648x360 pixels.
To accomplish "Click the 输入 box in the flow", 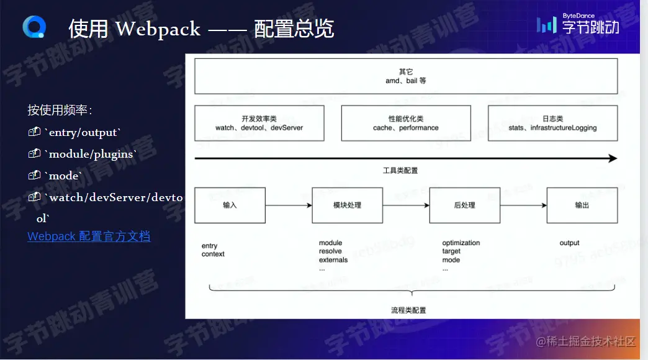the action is coord(230,205).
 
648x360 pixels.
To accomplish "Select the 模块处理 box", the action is coord(347,205).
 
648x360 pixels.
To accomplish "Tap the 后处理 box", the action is coord(464,205).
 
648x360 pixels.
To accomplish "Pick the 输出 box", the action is coord(582,205).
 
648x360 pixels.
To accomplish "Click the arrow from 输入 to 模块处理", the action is coord(289,205).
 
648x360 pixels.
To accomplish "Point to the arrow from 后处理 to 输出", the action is coord(523,205).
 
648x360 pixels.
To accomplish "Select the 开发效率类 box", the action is coord(259,123).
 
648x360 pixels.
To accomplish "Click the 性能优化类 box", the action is coord(406,123).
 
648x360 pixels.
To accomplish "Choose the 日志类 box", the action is coord(552,123).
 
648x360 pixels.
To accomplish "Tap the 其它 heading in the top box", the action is coord(406,71).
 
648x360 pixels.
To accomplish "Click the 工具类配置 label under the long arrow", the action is coord(406,170).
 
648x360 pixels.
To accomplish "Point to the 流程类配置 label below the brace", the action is coord(408,310).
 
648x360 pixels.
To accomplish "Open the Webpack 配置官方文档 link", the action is coord(89,236).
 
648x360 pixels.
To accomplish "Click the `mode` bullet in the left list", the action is coord(64,176).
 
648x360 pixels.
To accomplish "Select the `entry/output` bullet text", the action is coord(83,132).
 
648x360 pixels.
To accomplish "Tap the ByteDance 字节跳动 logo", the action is coord(578,25).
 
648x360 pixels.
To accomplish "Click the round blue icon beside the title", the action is coord(34,27).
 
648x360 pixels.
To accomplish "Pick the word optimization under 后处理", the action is coord(461,243).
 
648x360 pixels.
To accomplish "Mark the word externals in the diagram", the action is coord(333,260).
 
